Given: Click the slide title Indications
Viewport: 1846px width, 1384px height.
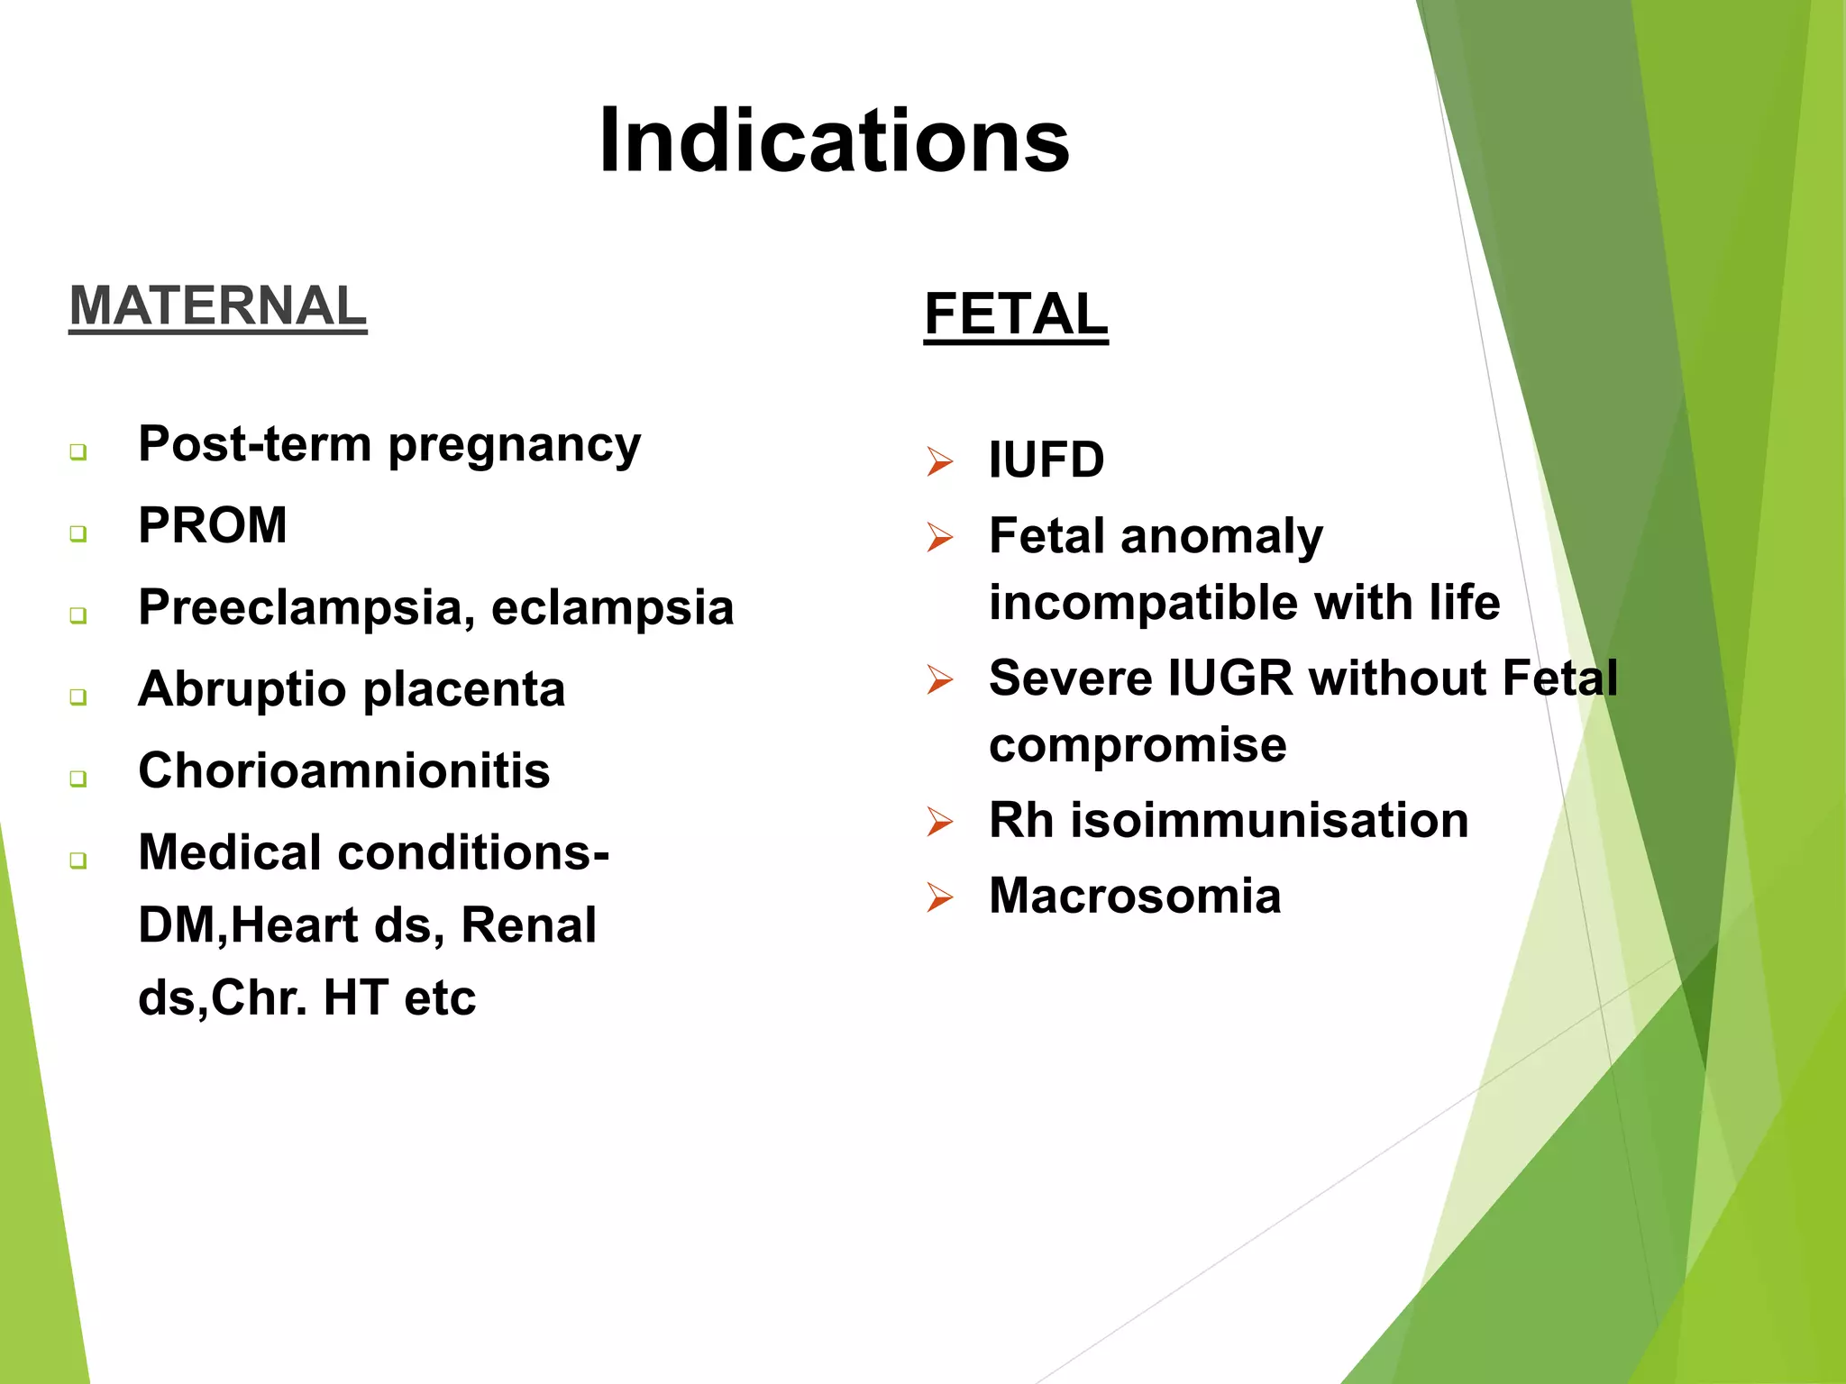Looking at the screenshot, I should tap(834, 141).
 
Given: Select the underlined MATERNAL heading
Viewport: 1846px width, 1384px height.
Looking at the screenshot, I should tap(217, 306).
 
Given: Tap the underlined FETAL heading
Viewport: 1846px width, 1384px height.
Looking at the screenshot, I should tap(1016, 314).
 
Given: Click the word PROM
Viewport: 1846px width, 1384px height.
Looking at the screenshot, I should tap(213, 525).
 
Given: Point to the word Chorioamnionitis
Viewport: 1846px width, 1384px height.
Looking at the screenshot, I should tap(343, 771).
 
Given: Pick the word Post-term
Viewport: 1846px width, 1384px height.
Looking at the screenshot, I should tap(254, 444).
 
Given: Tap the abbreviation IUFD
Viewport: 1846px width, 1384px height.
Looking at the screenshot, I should tap(1046, 460).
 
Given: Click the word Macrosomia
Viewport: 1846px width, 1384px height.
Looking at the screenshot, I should tap(1134, 897).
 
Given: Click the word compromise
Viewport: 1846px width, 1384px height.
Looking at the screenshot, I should tap(1138, 746).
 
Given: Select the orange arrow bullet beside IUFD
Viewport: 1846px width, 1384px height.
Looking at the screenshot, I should tap(939, 462).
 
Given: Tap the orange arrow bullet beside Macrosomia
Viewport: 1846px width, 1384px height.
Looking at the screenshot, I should tap(939, 898).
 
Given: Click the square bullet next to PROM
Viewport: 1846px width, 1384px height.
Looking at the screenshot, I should tap(78, 533).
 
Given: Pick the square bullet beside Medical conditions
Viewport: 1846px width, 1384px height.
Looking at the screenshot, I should tap(78, 860).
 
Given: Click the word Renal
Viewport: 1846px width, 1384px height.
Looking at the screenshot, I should tap(528, 925).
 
